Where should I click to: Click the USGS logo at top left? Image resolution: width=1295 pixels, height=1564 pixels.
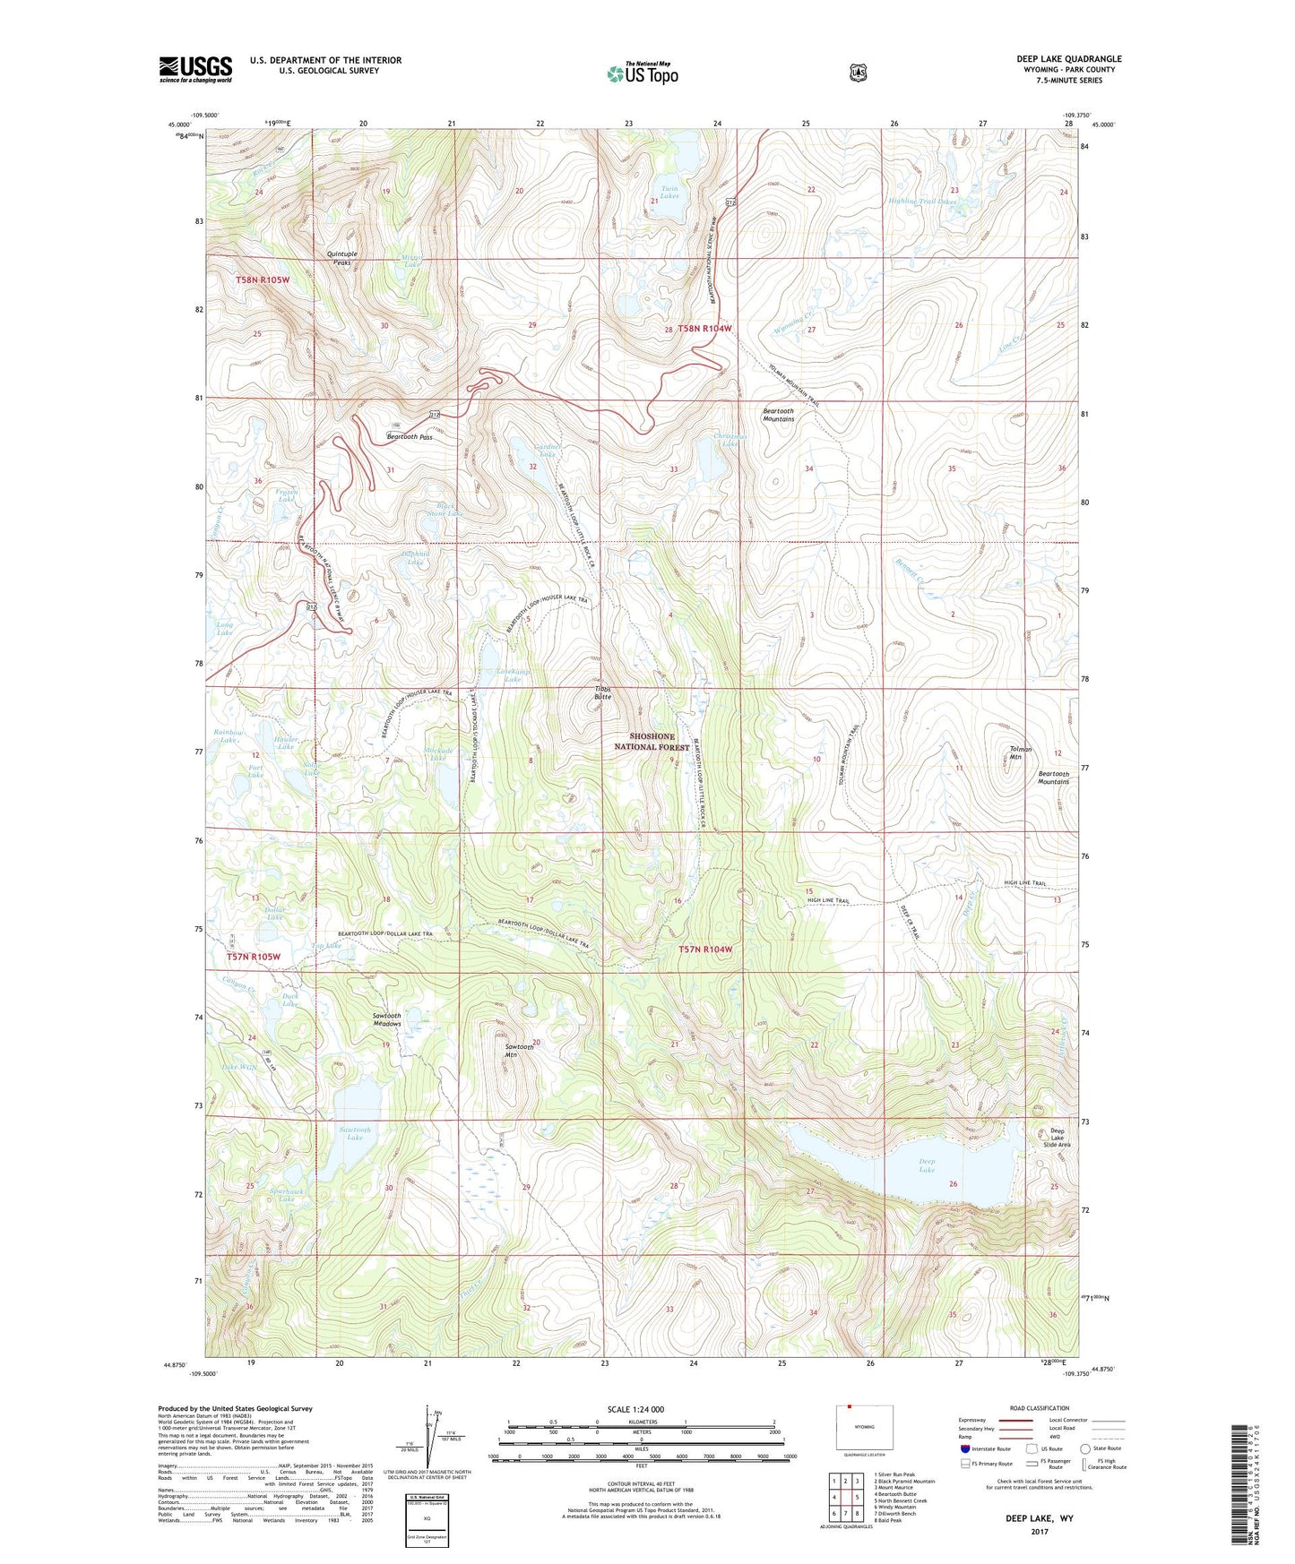coord(195,69)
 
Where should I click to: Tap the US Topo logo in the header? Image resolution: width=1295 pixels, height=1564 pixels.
coord(642,73)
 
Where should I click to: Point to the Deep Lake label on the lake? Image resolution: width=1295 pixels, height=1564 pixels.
coord(927,1165)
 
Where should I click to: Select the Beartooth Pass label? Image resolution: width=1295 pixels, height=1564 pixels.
coord(410,437)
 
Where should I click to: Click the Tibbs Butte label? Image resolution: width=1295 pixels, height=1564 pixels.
coord(602,692)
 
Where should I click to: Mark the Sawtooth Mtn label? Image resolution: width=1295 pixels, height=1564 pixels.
coord(519,1051)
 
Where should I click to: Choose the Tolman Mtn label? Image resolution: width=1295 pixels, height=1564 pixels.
coord(1021,752)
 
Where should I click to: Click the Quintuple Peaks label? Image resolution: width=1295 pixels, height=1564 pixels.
coord(341,258)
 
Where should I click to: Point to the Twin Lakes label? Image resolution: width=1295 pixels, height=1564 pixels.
coord(669,192)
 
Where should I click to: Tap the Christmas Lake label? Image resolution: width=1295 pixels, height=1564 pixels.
coord(727,440)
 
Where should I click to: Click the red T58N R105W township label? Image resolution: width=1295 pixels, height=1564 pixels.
coord(263,279)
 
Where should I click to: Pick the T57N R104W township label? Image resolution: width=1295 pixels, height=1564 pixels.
coord(705,949)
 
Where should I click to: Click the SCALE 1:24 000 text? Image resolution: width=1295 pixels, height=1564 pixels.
coord(635,1409)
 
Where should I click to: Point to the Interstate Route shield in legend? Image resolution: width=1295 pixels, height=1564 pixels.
coord(964,1448)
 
